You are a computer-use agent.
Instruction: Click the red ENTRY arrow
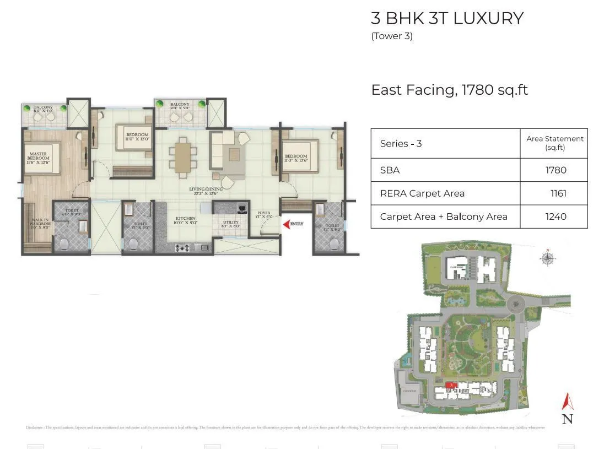286,224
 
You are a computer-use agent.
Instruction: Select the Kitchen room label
186,221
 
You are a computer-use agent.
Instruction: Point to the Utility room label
231,224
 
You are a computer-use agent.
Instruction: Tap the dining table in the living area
182,156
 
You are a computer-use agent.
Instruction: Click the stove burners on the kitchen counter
182,248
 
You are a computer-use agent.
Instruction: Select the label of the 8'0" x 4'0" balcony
43,109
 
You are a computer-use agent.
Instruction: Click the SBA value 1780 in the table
555,170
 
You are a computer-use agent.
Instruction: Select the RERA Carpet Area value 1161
558,193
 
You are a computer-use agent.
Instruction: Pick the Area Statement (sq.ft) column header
554,143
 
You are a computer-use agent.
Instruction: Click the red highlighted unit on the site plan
451,385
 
